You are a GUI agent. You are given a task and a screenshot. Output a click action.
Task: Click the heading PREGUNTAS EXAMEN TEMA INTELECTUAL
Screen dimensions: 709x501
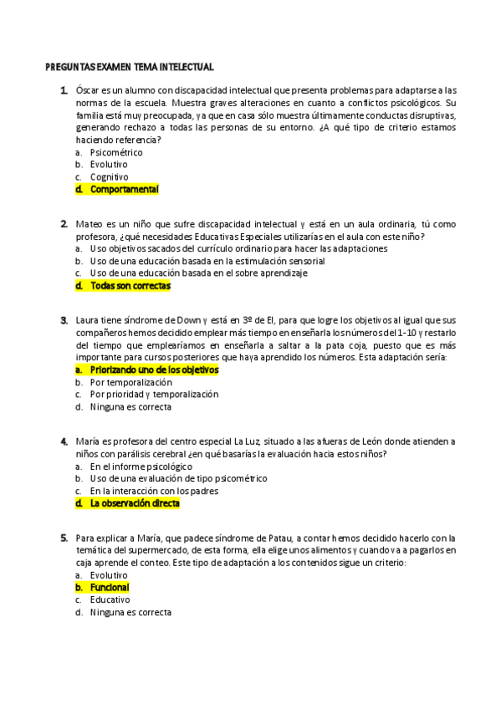pos(129,67)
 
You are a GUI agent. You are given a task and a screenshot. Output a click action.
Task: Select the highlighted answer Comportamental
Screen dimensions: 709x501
pos(124,190)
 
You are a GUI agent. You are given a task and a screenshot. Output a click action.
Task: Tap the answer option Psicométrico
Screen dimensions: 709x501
pos(116,153)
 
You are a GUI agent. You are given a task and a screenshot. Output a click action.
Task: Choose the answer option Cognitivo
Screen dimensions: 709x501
pos(109,177)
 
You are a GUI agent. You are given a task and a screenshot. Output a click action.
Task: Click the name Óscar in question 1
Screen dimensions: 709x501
pos(86,90)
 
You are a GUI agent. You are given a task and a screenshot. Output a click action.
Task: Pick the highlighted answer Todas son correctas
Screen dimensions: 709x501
pos(130,286)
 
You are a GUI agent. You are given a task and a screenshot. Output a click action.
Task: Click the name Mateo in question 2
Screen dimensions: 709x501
pos(88,224)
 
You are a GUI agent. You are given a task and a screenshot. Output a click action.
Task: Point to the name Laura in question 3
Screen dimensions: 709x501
pos(88,320)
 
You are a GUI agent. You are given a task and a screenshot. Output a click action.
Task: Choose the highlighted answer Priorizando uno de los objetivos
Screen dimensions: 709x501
pos(154,370)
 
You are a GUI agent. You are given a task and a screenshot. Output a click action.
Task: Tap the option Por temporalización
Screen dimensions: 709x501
pos(136,382)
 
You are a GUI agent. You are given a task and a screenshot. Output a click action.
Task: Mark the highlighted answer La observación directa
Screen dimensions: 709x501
pos(135,504)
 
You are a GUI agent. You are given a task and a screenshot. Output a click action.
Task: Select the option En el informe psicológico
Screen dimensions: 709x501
pos(141,467)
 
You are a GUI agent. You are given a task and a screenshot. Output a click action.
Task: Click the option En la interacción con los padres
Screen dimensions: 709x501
pos(154,492)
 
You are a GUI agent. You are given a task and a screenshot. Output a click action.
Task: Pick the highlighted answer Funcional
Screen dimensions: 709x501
pos(109,588)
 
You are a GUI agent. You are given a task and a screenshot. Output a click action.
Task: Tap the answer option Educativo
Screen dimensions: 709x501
pos(110,600)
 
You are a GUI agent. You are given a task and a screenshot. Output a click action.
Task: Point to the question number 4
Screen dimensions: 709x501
pos(64,441)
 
